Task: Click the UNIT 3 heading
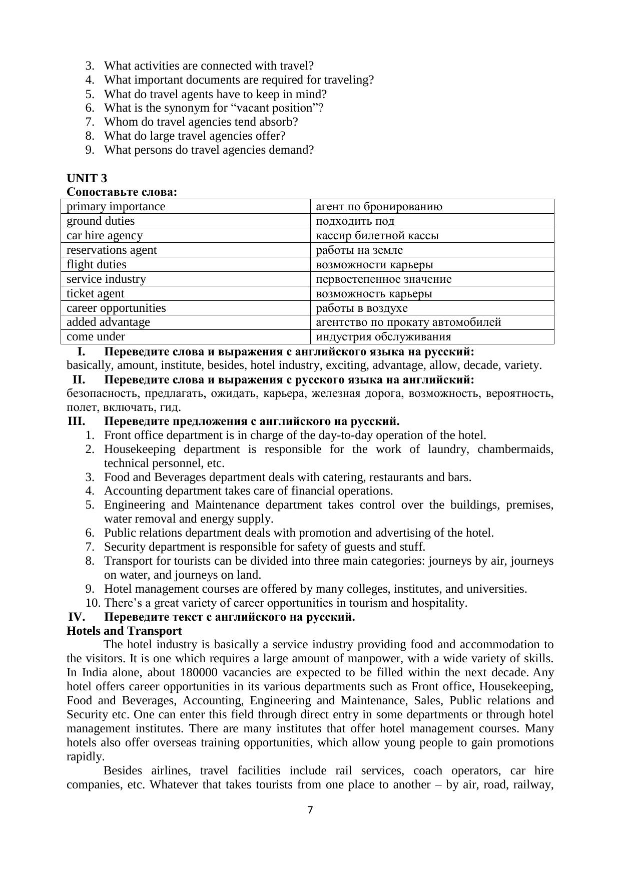(x=87, y=178)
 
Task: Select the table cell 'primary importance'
(x=116, y=207)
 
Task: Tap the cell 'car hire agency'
(x=105, y=236)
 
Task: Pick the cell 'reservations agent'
(x=112, y=250)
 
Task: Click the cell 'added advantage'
(x=108, y=322)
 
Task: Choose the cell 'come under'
(x=96, y=337)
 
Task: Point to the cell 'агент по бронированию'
(x=379, y=207)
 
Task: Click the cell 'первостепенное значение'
(x=384, y=279)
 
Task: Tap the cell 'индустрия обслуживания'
(x=383, y=337)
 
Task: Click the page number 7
(x=310, y=810)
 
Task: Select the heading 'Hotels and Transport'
(x=124, y=631)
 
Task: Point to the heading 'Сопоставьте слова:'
(x=122, y=192)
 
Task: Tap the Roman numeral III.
(x=76, y=421)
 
